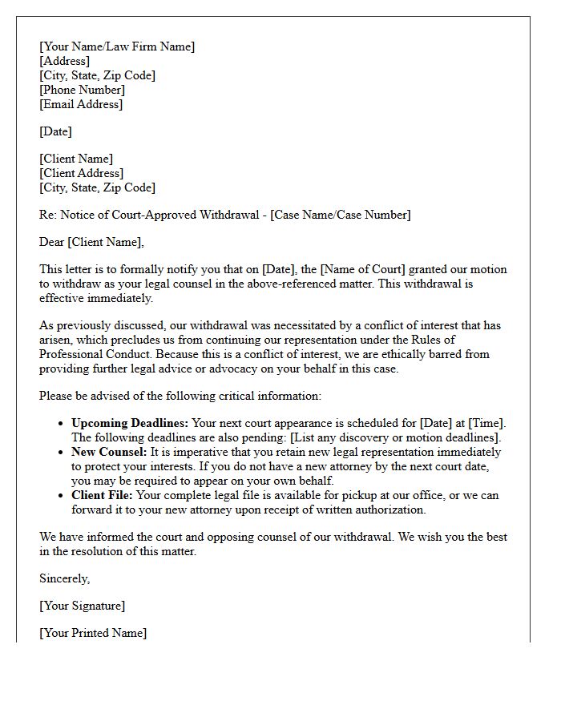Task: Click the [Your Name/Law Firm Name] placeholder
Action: pos(117,46)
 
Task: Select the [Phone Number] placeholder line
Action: pos(82,90)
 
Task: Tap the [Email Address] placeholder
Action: pos(81,104)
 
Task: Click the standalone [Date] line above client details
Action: pos(55,131)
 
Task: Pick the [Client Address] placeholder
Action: pos(81,173)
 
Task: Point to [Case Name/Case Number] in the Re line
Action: pos(341,215)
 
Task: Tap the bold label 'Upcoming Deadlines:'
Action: pos(130,423)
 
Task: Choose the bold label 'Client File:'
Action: pos(104,495)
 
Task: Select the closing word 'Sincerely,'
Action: pos(65,578)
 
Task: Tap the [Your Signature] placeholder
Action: pos(82,606)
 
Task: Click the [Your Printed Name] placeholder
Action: pos(93,633)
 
